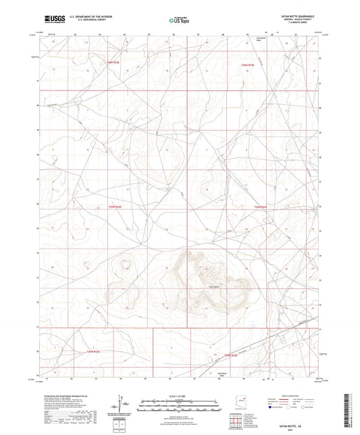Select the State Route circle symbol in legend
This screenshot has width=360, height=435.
pyautogui.click(x=308, y=407)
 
